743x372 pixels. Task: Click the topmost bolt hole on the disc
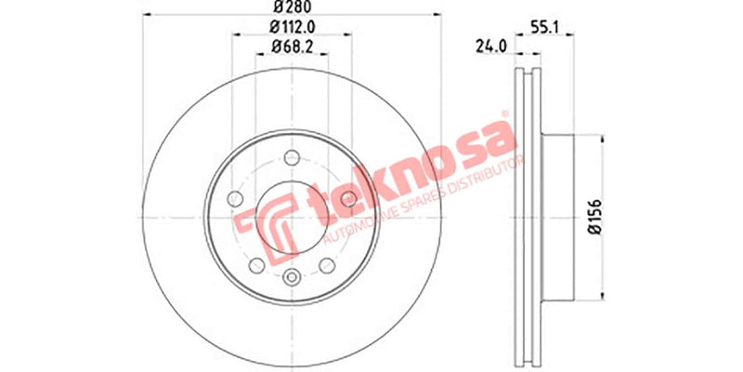(x=291, y=157)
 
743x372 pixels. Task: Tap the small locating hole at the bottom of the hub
(x=291, y=276)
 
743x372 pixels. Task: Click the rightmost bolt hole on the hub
(x=348, y=199)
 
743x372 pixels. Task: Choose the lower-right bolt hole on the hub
(x=326, y=266)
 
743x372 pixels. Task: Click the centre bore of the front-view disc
(x=291, y=218)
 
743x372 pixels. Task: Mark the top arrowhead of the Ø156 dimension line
(x=604, y=136)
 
